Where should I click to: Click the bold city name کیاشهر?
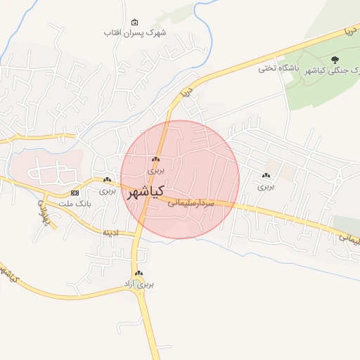click(x=146, y=191)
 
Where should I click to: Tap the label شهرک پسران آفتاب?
click(x=135, y=33)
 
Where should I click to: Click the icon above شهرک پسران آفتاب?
click(x=135, y=22)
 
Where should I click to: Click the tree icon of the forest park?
click(x=333, y=59)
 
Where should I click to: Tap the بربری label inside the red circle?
click(x=155, y=170)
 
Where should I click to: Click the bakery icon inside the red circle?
click(x=155, y=160)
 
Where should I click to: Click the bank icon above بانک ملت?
click(x=75, y=193)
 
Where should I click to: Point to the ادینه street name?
click(x=112, y=231)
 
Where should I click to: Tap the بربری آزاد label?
click(x=139, y=284)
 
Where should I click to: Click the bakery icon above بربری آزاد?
click(x=139, y=274)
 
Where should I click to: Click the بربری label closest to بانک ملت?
click(x=107, y=191)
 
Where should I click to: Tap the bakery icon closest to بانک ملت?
click(x=107, y=180)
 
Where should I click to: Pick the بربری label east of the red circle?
click(x=265, y=186)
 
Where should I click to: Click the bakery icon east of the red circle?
click(x=265, y=176)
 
